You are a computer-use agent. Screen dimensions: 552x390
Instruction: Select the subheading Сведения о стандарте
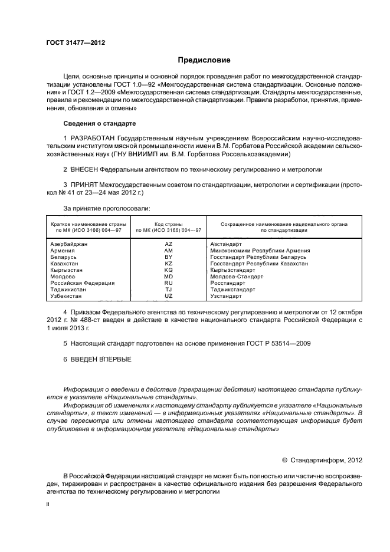tap(99, 124)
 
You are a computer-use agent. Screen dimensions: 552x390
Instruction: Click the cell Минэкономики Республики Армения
tap(260, 251)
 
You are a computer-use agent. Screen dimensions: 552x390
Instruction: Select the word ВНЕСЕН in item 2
tap(84, 169)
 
